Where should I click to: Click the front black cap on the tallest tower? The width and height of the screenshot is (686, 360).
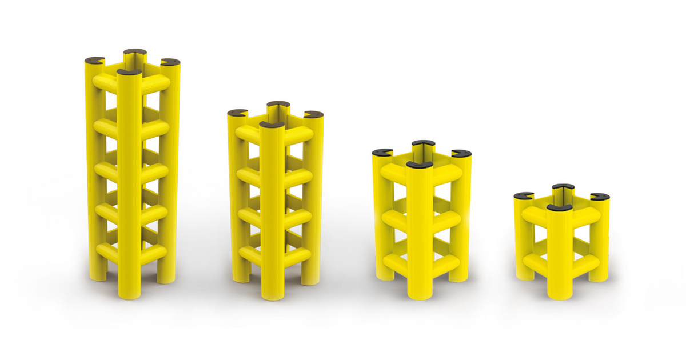pyautogui.click(x=130, y=72)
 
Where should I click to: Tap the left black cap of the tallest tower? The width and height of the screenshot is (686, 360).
pyautogui.click(x=94, y=59)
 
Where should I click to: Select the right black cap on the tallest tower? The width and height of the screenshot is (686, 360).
pyautogui.click(x=170, y=62)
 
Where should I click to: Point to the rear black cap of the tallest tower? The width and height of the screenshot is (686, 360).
pyautogui.click(x=135, y=51)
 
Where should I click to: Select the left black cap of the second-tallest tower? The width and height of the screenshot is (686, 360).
pyautogui.click(x=237, y=113)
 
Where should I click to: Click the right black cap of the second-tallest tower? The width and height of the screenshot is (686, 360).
pyautogui.click(x=313, y=114)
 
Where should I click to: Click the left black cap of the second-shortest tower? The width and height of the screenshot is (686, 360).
pyautogui.click(x=382, y=152)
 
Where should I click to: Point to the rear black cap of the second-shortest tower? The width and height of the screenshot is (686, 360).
pyautogui.click(x=423, y=143)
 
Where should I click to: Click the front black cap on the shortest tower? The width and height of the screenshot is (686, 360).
pyautogui.click(x=559, y=207)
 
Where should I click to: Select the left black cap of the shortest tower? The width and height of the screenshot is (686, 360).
pyautogui.click(x=524, y=195)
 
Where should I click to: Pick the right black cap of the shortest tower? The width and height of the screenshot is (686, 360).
pyautogui.click(x=600, y=197)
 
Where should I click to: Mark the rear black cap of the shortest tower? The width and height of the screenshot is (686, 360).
pyautogui.click(x=564, y=187)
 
